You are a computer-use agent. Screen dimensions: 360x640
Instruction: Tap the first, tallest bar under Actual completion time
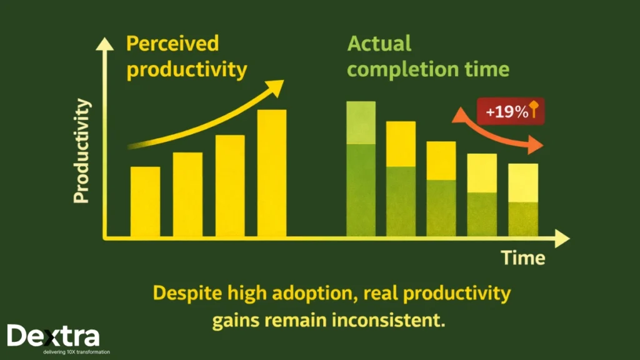361,169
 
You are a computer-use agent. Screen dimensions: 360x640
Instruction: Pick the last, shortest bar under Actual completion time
523,200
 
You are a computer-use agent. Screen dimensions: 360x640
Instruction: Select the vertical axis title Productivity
82,151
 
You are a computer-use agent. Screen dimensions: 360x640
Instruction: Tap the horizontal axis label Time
523,257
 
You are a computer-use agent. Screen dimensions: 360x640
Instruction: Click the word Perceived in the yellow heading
172,44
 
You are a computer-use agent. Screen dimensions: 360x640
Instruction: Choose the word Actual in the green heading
379,44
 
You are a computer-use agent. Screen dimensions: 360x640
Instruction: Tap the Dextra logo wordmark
53,336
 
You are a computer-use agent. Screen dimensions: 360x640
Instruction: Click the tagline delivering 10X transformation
71,352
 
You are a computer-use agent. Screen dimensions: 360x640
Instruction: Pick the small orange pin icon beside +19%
535,110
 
